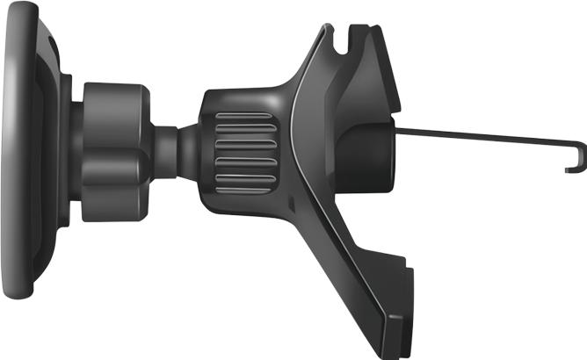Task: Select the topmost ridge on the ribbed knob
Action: [x=243, y=116]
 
